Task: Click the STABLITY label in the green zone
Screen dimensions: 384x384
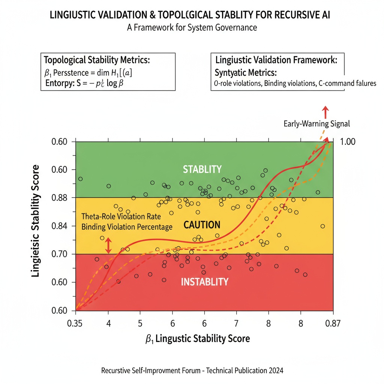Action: [x=202, y=169]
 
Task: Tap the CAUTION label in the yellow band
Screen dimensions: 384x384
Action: [x=202, y=225]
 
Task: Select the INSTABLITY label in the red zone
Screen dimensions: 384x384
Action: [x=204, y=282]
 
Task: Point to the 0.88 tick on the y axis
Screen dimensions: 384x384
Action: [x=59, y=198]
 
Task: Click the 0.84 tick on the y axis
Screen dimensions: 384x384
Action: [x=59, y=226]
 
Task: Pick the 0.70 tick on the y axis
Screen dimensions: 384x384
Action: [x=59, y=254]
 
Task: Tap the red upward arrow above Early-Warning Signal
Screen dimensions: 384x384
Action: [x=325, y=111]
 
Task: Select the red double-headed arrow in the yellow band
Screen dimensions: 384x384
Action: [x=108, y=246]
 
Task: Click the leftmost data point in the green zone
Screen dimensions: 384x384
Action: [x=80, y=179]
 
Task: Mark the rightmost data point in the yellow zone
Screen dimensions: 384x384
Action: [x=322, y=226]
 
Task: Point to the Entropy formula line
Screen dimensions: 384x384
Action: [x=84, y=83]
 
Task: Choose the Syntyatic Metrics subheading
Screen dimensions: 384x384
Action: [x=246, y=72]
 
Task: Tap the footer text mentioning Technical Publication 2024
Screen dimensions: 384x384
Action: [x=192, y=370]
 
